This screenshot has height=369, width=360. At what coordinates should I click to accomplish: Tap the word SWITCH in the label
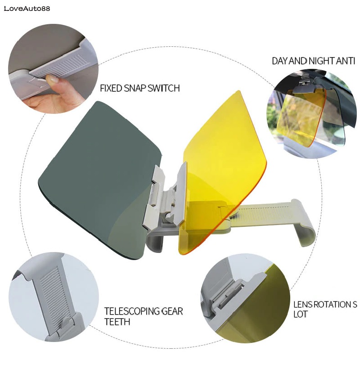tap(164, 88)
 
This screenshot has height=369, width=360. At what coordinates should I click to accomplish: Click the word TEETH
tap(117, 322)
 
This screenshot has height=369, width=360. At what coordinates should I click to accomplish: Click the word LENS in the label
tap(303, 305)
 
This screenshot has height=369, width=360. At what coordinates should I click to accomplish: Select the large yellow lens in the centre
tap(225, 153)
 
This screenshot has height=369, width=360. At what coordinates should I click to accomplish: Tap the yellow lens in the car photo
tap(299, 117)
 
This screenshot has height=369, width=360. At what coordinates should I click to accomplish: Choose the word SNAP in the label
tap(135, 88)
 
